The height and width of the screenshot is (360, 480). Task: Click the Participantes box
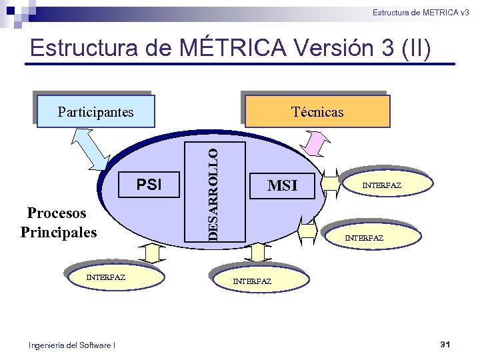click(x=95, y=111)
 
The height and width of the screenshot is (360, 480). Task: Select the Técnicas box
click(x=317, y=111)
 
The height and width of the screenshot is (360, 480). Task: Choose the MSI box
click(x=282, y=185)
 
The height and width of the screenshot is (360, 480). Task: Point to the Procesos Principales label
click(x=58, y=223)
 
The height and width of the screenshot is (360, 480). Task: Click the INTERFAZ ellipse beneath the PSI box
click(x=107, y=277)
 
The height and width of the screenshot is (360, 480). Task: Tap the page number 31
click(x=446, y=344)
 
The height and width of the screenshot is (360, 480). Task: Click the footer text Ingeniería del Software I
click(x=72, y=345)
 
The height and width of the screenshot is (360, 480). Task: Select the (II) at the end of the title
click(x=415, y=48)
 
